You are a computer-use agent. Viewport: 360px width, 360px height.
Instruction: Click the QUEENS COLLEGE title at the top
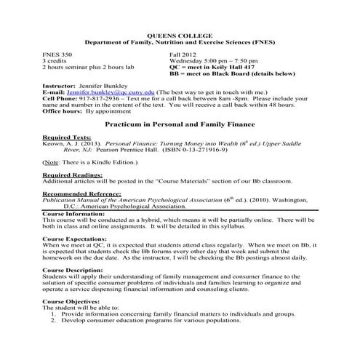(180, 35)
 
